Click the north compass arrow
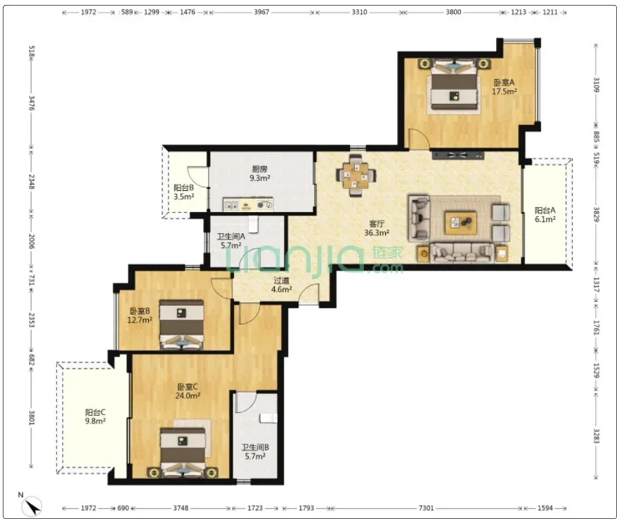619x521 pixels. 32,506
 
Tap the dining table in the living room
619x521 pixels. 356,176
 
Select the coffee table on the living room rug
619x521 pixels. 461,223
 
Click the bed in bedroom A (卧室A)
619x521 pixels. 454,84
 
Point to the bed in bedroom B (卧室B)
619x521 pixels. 181,324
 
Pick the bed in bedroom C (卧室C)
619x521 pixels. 183,452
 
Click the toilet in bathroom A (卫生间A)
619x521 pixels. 253,223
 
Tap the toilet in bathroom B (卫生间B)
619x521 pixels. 268,418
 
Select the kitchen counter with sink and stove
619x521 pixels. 248,204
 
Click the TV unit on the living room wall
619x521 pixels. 458,154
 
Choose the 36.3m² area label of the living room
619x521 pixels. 377,232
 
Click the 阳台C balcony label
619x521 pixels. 95,413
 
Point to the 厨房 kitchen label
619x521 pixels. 259,169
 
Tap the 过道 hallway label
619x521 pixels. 282,280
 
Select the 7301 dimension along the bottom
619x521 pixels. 426,508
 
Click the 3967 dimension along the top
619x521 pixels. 261,12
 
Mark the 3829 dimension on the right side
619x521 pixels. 596,215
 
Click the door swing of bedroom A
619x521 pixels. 419,139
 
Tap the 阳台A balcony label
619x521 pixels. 545,210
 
